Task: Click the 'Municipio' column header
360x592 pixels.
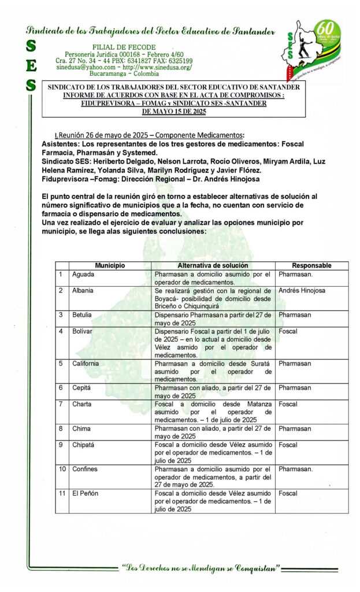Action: click(x=110, y=265)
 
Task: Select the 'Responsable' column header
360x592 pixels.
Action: click(x=311, y=265)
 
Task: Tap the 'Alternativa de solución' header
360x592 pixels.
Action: click(x=214, y=265)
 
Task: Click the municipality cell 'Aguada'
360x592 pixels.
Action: click(x=83, y=274)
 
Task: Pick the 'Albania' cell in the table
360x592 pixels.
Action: click(x=83, y=290)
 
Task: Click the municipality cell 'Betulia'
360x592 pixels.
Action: click(x=82, y=314)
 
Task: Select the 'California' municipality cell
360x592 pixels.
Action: click(x=86, y=364)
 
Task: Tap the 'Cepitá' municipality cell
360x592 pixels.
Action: click(x=82, y=388)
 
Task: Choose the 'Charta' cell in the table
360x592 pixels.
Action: click(x=81, y=404)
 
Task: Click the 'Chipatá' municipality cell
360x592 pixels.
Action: click(x=84, y=445)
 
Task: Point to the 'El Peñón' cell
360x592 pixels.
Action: click(x=86, y=493)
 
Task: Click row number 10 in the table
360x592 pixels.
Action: click(x=62, y=469)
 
